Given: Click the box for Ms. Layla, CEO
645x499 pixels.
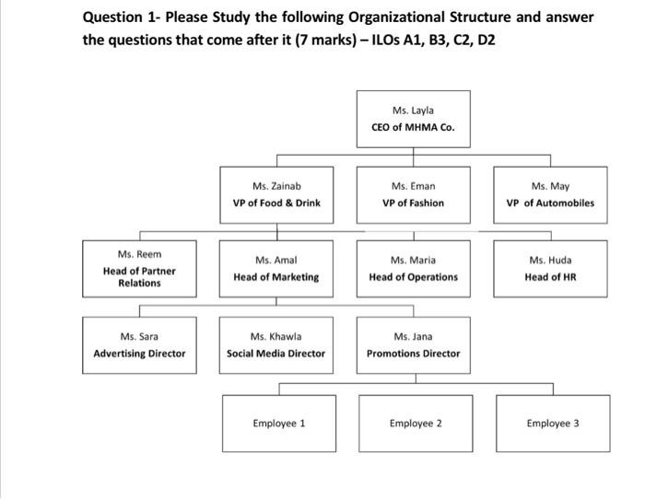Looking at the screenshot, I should point(413,119).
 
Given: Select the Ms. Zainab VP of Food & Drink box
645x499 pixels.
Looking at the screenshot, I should point(276,194).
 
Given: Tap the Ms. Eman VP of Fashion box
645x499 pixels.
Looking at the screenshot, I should point(413,194).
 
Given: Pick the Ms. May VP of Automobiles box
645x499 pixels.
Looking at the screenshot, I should point(550,194).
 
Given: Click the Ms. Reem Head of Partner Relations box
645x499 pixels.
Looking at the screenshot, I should point(139,268).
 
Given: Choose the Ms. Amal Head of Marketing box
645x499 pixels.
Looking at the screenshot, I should point(276,268).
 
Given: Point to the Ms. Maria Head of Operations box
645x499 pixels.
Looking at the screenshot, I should point(413,268).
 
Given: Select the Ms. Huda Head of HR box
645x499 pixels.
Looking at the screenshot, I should point(550,268).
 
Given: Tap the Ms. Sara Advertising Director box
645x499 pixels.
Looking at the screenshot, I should point(139,344).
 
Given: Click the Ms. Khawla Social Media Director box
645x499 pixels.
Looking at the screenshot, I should point(276,344).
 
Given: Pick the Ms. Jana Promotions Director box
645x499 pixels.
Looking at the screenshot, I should point(413,344).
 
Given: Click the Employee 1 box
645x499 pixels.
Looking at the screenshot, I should point(279,424).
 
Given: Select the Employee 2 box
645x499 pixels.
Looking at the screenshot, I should point(416,424).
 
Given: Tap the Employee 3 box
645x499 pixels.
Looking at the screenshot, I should point(553,424).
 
